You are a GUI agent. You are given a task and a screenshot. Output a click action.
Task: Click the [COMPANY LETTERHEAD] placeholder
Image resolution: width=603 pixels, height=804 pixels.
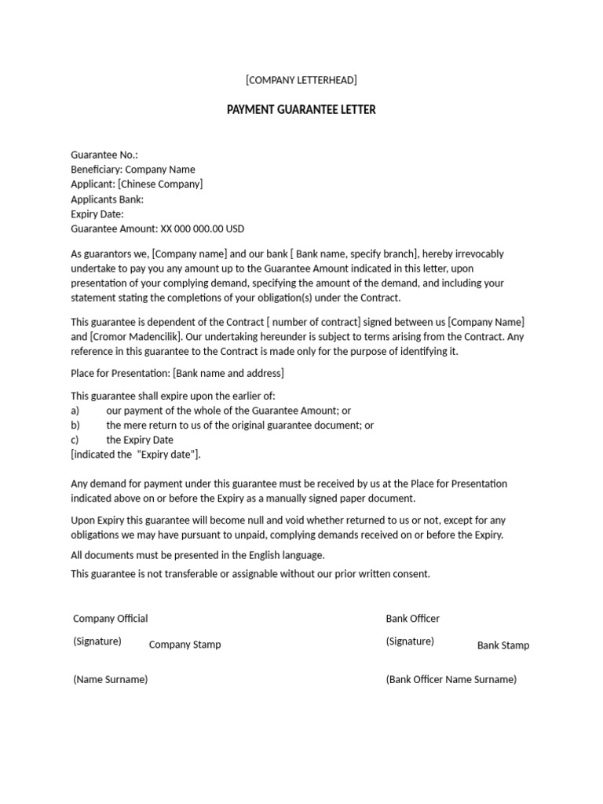(301, 80)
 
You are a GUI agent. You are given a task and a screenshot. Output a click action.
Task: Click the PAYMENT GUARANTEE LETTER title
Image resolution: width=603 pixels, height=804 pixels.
(301, 110)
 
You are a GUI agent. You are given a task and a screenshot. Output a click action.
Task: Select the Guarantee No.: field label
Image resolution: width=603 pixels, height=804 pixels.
(104, 155)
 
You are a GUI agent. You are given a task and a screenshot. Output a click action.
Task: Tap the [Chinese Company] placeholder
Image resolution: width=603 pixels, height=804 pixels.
(160, 184)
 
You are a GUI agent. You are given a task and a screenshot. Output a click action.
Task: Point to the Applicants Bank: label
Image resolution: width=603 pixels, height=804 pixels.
(108, 199)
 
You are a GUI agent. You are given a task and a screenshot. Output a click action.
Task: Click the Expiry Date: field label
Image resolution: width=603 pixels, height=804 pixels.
(97, 214)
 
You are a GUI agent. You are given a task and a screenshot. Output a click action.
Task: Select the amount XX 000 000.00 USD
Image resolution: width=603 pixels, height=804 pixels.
(203, 228)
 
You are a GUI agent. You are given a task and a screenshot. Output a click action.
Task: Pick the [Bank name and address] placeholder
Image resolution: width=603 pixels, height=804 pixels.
(228, 373)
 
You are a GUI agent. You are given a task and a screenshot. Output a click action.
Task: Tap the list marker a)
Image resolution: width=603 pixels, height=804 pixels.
(75, 411)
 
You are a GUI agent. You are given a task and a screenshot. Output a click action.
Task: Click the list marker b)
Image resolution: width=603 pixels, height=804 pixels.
(75, 426)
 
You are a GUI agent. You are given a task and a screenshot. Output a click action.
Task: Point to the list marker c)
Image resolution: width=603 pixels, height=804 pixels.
(75, 440)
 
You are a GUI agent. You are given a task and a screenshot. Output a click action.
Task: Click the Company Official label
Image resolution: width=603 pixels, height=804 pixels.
(111, 619)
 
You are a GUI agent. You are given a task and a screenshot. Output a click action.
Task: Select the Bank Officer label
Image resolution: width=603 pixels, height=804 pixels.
(413, 619)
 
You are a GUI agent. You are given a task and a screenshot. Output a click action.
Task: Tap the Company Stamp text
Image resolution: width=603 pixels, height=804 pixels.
(185, 645)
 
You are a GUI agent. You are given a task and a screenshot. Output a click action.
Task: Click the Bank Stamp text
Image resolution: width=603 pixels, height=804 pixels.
(503, 645)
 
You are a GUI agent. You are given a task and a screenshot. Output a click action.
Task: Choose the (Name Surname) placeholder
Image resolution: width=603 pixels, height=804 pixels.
(111, 679)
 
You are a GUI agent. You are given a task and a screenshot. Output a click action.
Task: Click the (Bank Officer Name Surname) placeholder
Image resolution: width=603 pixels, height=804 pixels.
(451, 679)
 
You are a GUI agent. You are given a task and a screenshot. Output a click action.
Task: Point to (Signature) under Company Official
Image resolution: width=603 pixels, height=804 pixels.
(97, 641)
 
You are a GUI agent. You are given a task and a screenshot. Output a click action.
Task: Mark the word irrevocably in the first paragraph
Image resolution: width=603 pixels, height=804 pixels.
(475, 254)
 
